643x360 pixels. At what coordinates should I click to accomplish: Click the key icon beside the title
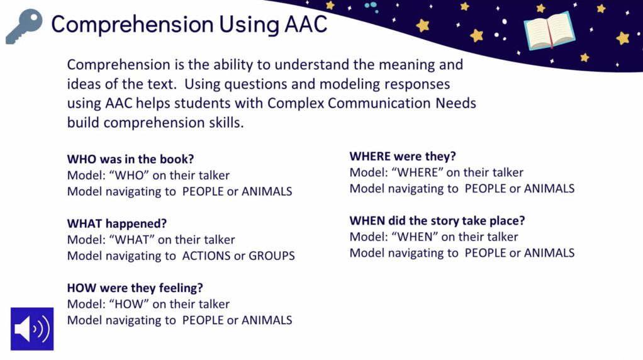click(24, 26)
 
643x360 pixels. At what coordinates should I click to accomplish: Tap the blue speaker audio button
click(32, 329)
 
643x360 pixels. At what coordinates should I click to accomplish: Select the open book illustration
click(549, 31)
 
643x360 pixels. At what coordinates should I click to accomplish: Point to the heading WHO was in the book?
click(130, 159)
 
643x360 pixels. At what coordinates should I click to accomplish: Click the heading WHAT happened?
click(117, 223)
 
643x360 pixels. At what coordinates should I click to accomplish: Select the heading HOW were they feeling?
click(135, 288)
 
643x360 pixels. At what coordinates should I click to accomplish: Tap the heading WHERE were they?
click(403, 156)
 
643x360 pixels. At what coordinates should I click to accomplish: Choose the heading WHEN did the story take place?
click(437, 220)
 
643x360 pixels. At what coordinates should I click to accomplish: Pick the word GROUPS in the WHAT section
click(272, 256)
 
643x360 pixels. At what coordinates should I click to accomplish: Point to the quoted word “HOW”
click(129, 304)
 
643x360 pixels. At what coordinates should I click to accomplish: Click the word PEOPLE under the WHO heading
click(203, 191)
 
